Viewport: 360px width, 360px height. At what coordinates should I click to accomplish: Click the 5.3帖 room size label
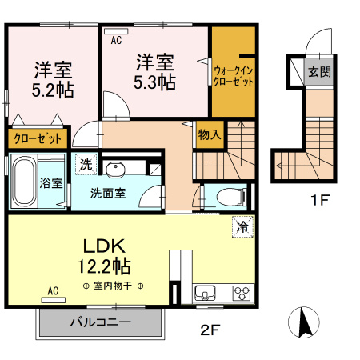[x=155, y=82]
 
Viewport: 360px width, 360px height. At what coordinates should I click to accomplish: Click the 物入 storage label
[x=210, y=135]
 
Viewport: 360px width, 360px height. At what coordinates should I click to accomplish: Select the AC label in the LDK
[x=54, y=291]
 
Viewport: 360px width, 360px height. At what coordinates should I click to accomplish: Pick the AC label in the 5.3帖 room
[x=115, y=38]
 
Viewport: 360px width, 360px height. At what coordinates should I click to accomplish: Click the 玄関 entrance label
[x=319, y=71]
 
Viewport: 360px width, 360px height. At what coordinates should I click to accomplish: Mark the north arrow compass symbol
[x=303, y=323]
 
